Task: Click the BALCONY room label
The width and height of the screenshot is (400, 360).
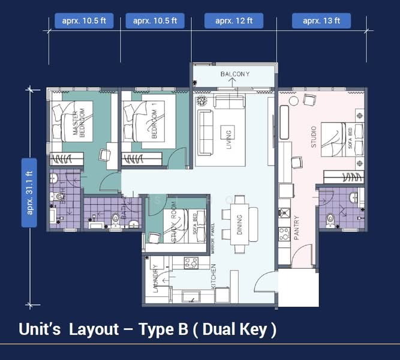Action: coord(234,74)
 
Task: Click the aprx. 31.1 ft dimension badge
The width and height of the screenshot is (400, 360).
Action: coord(29,193)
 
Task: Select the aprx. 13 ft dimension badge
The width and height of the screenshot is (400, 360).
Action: coord(321,20)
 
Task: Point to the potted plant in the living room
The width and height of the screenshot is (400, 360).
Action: coord(201,101)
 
